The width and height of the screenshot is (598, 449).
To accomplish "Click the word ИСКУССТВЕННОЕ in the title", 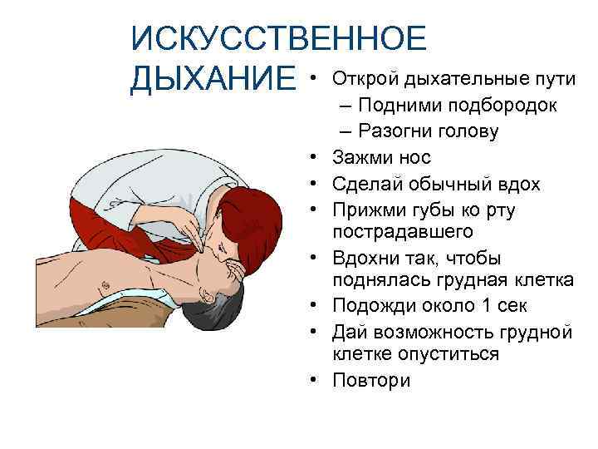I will coord(279,39).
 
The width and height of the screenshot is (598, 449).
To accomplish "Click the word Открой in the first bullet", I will coord(364,78).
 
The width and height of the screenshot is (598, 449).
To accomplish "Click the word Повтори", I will coord(371,380).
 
